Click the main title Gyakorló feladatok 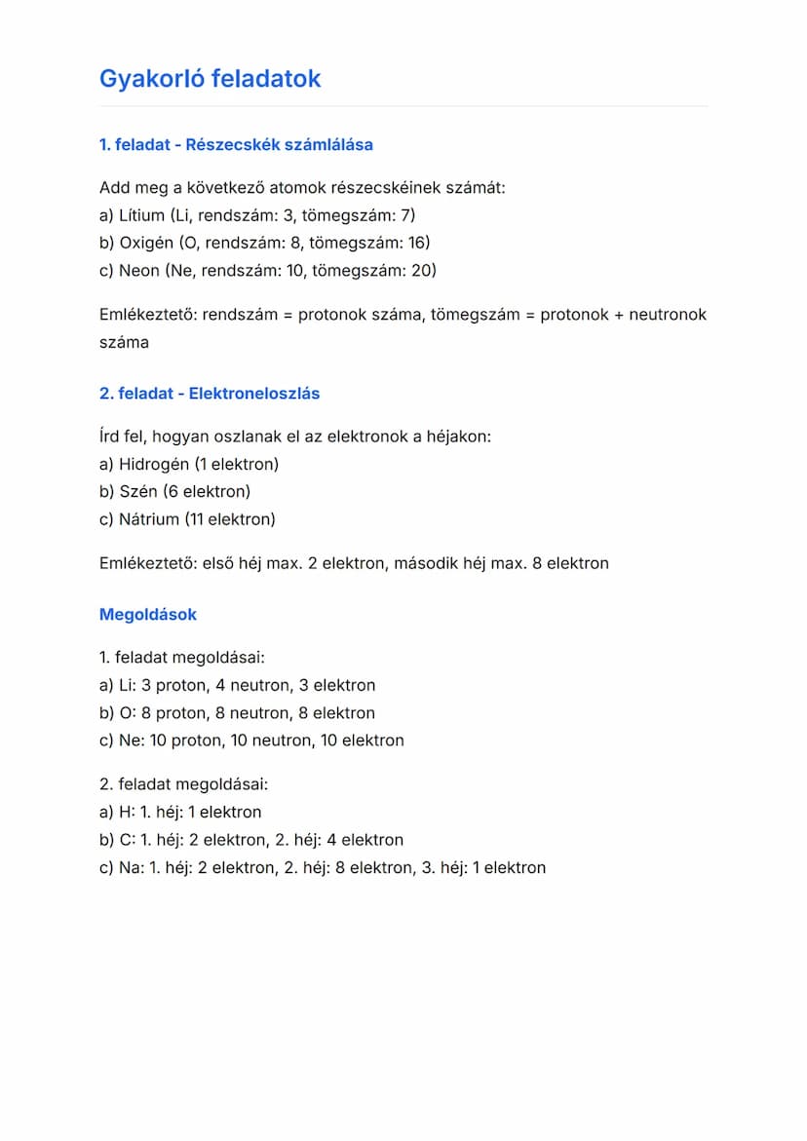tap(210, 79)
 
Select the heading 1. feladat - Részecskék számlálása tap(236, 145)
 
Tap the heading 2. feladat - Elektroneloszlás tap(210, 394)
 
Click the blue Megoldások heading tap(148, 615)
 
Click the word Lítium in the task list tap(140, 215)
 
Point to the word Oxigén tap(145, 243)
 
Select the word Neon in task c tap(138, 270)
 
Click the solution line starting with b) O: tap(237, 713)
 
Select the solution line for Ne tap(251, 741)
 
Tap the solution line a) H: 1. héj tap(180, 812)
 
